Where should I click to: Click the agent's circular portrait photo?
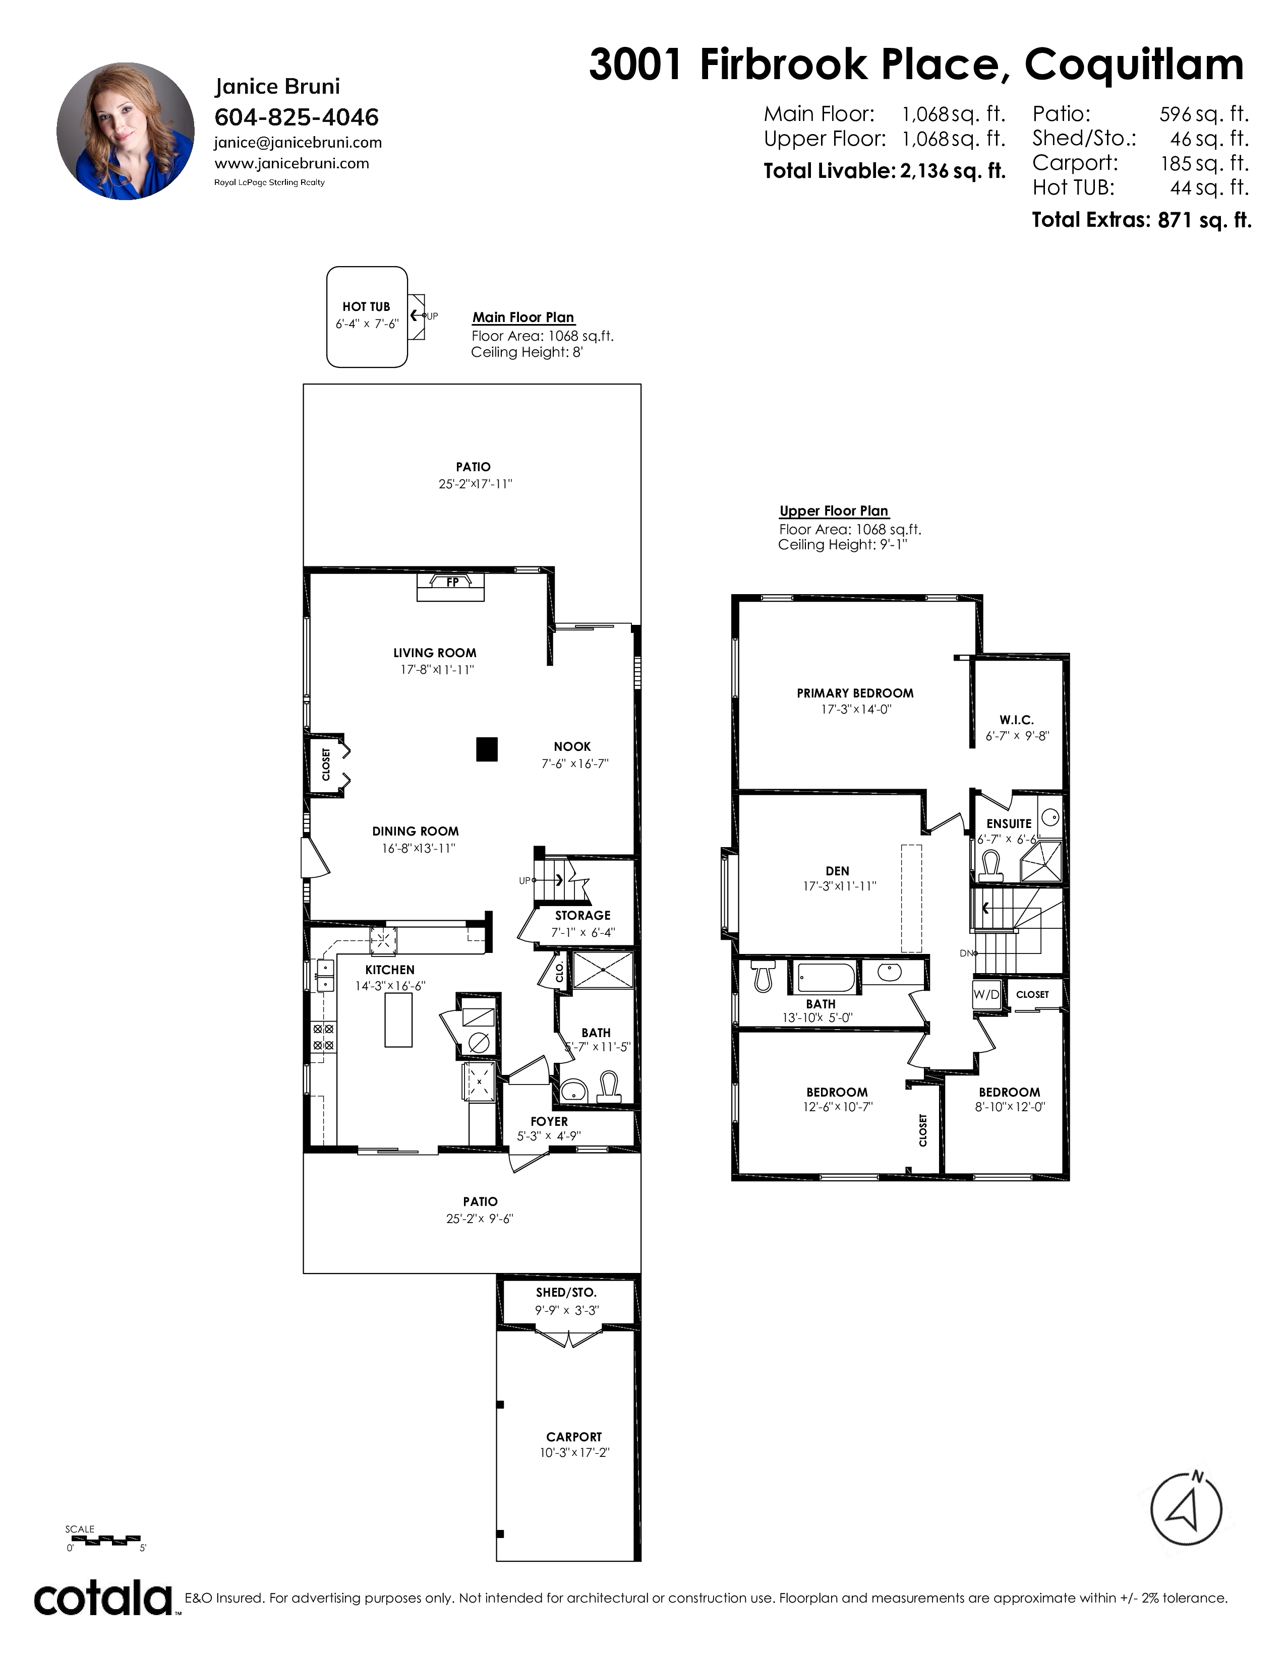126,131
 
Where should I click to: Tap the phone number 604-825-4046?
297,117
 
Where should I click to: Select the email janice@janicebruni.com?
298,143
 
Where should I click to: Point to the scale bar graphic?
103,1541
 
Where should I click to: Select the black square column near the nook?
487,749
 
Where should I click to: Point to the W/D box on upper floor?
986,994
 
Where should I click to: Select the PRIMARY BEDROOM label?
855,693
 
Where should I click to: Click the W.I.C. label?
1016,720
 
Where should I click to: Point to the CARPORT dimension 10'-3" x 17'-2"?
574,1453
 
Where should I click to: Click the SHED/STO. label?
566,1292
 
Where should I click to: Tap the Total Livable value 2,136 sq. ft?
952,170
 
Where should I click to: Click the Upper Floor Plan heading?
834,511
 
